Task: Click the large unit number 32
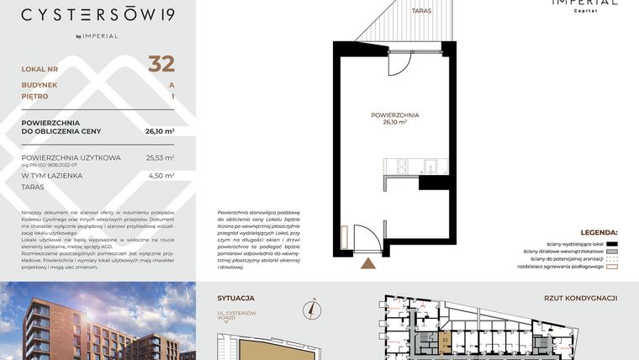[161, 64]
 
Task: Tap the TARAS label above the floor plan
[421, 11]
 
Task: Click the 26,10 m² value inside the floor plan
[394, 122]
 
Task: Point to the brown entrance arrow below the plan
[368, 264]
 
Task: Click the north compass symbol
[312, 309]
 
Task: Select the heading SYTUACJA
[235, 298]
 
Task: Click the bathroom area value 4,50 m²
[161, 176]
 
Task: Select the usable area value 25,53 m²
[160, 157]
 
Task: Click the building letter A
[172, 85]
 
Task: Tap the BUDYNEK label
[40, 85]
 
